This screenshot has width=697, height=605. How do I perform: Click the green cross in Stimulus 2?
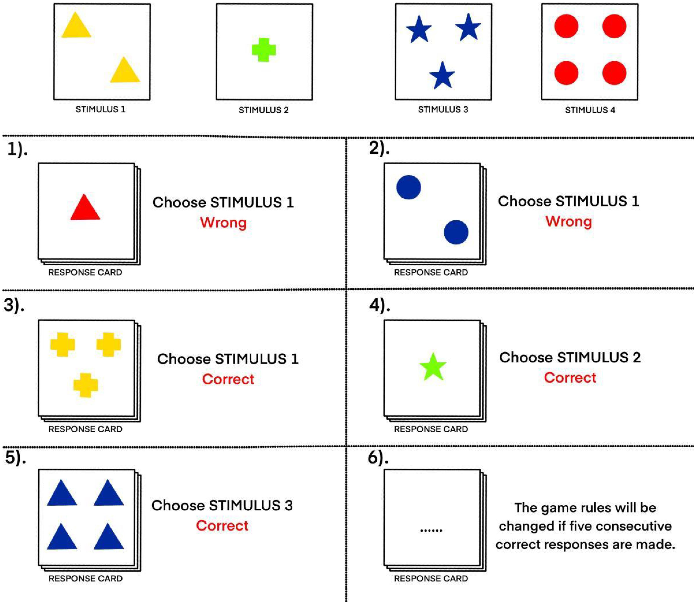[264, 50]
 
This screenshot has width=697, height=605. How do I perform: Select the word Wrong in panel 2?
[569, 222]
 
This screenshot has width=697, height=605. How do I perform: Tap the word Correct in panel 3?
[228, 379]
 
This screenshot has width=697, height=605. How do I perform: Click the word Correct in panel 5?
[222, 526]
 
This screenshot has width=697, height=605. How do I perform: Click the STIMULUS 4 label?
[590, 110]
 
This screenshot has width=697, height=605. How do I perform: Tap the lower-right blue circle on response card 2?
[456, 232]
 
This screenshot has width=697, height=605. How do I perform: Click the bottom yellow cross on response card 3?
[86, 385]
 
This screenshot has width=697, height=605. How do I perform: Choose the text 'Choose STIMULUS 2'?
[570, 357]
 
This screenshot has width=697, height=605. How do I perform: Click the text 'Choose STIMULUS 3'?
[222, 505]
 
